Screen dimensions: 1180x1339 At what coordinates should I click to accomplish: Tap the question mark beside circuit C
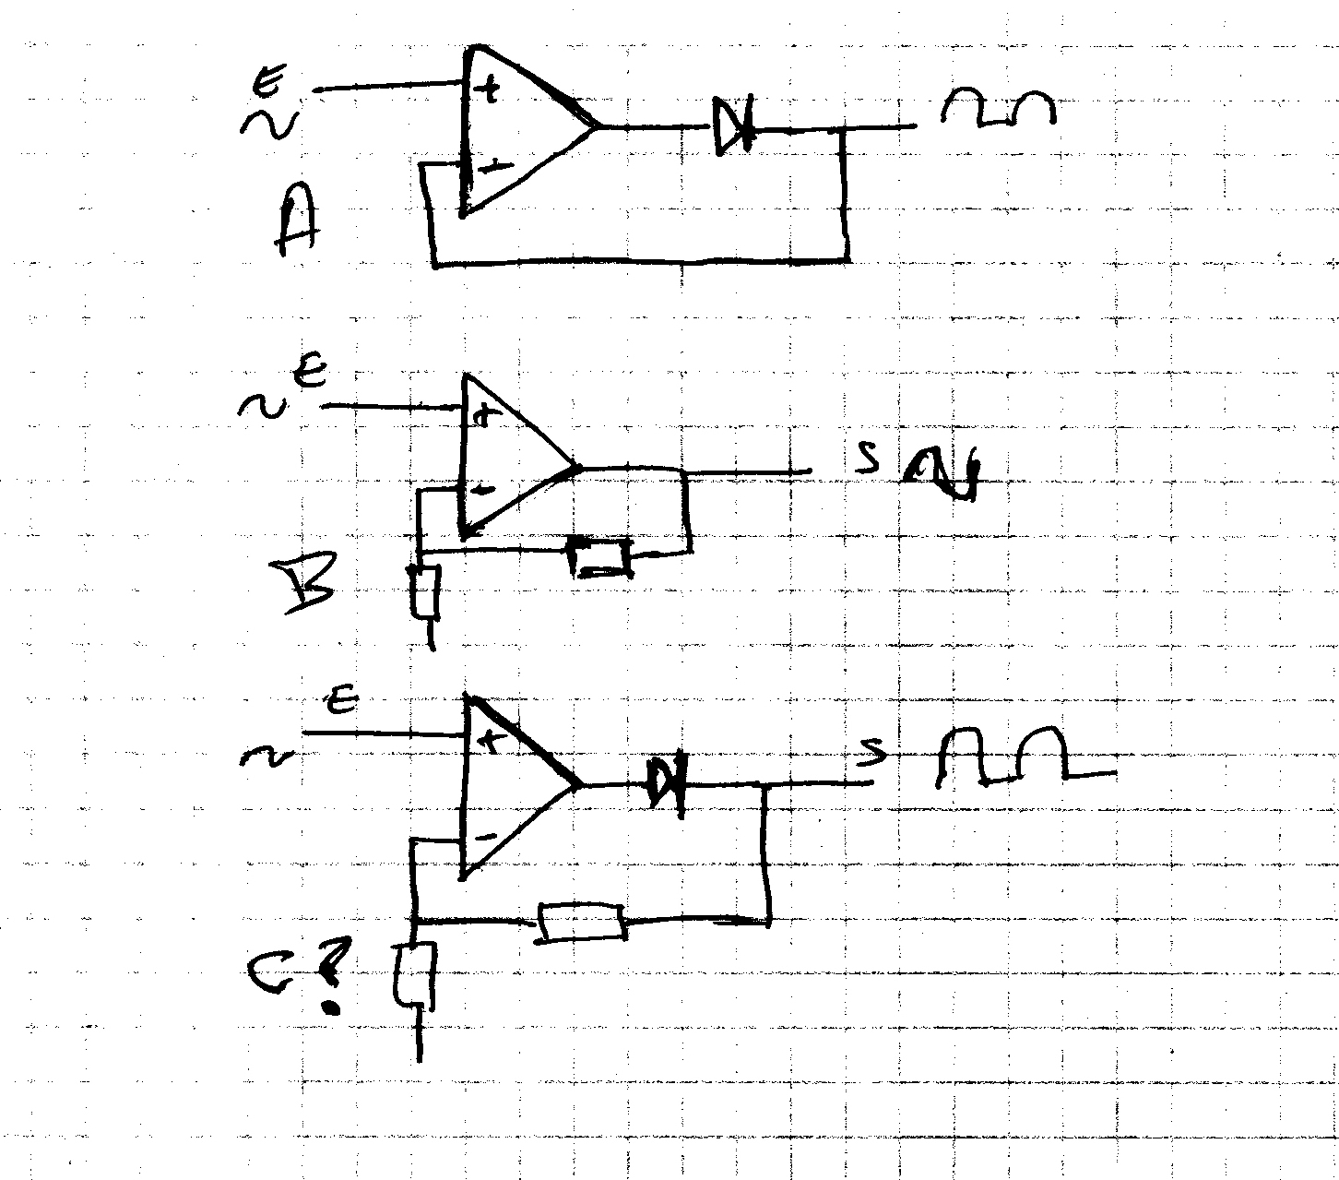pos(335,972)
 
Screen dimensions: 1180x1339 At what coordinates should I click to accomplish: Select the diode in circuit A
pos(734,126)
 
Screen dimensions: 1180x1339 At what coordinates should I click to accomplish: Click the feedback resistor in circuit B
pos(600,555)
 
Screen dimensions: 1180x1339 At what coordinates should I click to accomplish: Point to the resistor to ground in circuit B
pos(425,591)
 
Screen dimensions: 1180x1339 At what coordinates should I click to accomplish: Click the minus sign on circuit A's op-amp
pos(495,166)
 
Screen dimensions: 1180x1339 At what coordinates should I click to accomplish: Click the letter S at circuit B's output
pos(866,459)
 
